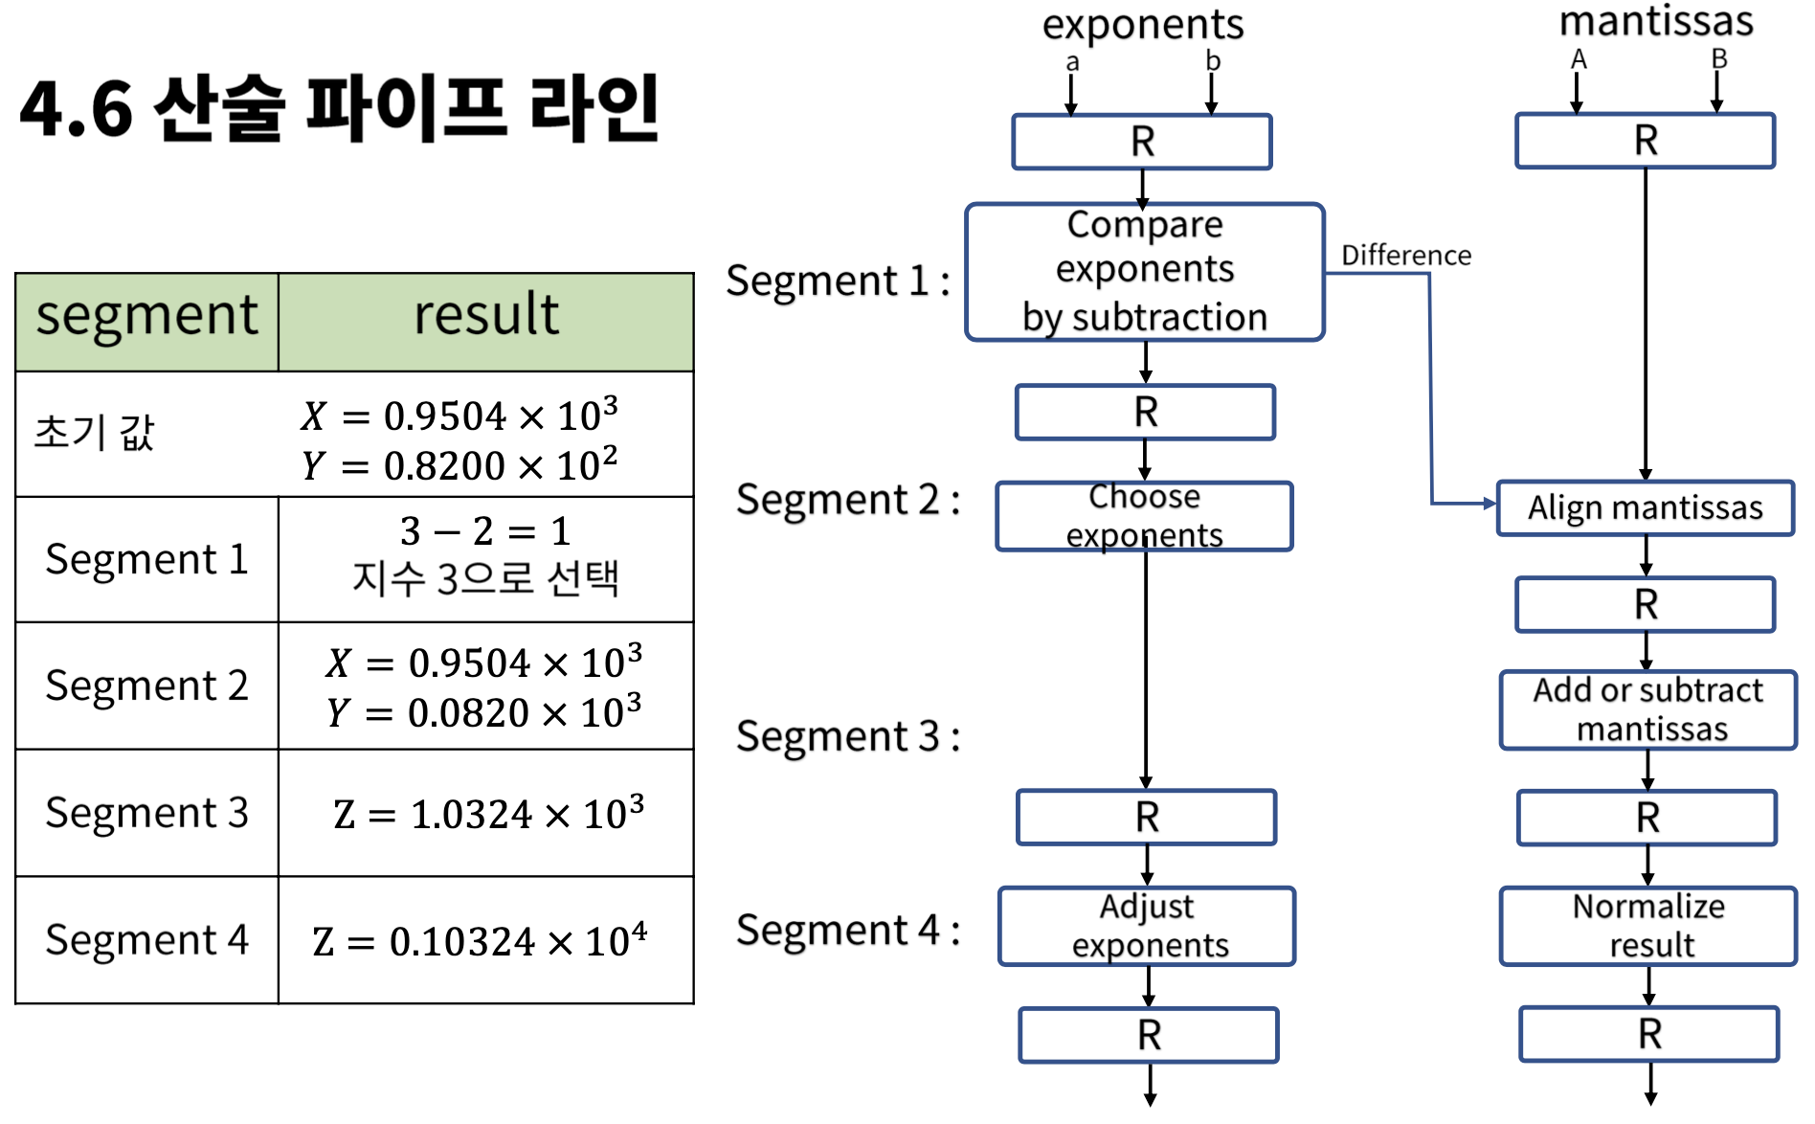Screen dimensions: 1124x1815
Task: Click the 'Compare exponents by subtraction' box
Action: pos(1145,272)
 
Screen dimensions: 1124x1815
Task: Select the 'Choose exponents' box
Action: pos(1144,516)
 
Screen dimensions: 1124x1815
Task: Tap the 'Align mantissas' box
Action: pos(1645,507)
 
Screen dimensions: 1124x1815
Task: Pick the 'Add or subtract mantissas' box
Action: pos(1647,709)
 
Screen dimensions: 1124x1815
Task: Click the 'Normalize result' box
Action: pos(1647,926)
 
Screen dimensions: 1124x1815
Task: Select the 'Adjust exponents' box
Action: pos(1147,926)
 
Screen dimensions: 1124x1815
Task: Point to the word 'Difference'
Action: pos(1405,256)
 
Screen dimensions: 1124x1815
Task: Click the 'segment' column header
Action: pos(146,316)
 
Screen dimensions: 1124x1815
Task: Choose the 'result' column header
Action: pos(485,316)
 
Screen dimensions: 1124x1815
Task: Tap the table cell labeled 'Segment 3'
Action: pos(146,813)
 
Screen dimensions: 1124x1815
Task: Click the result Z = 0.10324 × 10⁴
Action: pos(480,941)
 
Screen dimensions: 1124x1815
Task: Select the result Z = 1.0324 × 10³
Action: pos(488,814)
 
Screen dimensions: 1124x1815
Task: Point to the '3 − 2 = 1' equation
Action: pos(485,530)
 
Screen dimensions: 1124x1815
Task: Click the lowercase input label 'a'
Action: pos(1072,63)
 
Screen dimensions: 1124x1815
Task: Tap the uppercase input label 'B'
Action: pos(1719,59)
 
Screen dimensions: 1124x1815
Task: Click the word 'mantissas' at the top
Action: pos(1656,21)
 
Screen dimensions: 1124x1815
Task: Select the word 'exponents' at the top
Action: pos(1143,25)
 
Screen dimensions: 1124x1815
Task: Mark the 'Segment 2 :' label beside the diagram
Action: pos(847,500)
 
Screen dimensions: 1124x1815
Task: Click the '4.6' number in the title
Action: pos(76,109)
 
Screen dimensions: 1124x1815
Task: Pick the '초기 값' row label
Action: pos(94,433)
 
